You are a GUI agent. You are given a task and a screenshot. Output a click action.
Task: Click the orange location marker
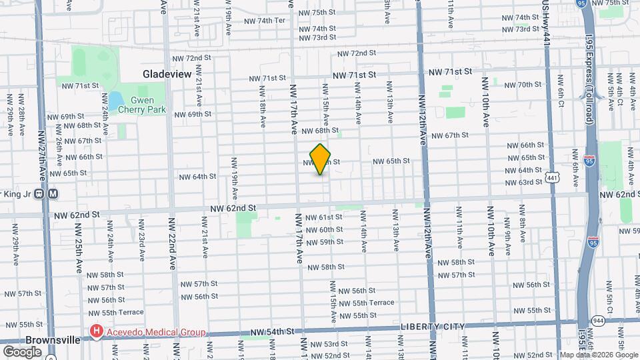[321, 159]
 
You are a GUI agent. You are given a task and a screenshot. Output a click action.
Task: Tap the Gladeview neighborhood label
[167, 73]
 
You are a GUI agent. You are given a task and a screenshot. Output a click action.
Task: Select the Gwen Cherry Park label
[138, 105]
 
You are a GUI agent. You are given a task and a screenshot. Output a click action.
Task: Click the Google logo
[22, 351]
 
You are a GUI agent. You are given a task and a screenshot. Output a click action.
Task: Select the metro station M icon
[53, 194]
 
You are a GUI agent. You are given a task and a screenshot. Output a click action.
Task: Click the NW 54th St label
[272, 331]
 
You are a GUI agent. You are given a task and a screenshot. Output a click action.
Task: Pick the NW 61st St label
[324, 218]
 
